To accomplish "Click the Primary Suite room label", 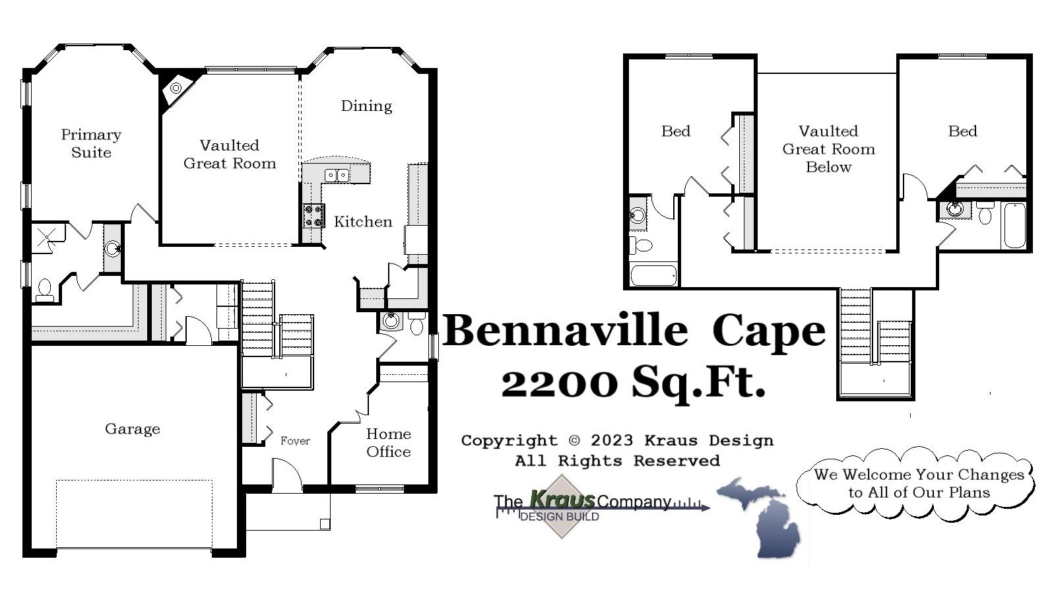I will [x=91, y=143].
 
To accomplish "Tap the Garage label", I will [x=132, y=429].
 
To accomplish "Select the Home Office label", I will [x=388, y=443].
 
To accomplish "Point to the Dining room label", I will [x=366, y=106].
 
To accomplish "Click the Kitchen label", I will [x=363, y=222].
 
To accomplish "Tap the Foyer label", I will [x=294, y=441].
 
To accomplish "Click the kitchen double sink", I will [x=337, y=175].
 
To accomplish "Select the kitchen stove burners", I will [x=313, y=215].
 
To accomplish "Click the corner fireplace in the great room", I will [x=176, y=88].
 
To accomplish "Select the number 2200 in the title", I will [x=560, y=382].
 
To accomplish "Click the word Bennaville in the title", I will [x=566, y=331].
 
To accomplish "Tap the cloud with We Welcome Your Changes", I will [x=917, y=484].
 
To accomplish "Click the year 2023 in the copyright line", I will [x=612, y=440].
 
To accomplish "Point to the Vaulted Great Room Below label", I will [x=828, y=149].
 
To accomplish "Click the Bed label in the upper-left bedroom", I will [x=675, y=131].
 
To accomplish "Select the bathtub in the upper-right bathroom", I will [x=1014, y=226].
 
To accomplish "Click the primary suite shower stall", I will [x=48, y=238].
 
